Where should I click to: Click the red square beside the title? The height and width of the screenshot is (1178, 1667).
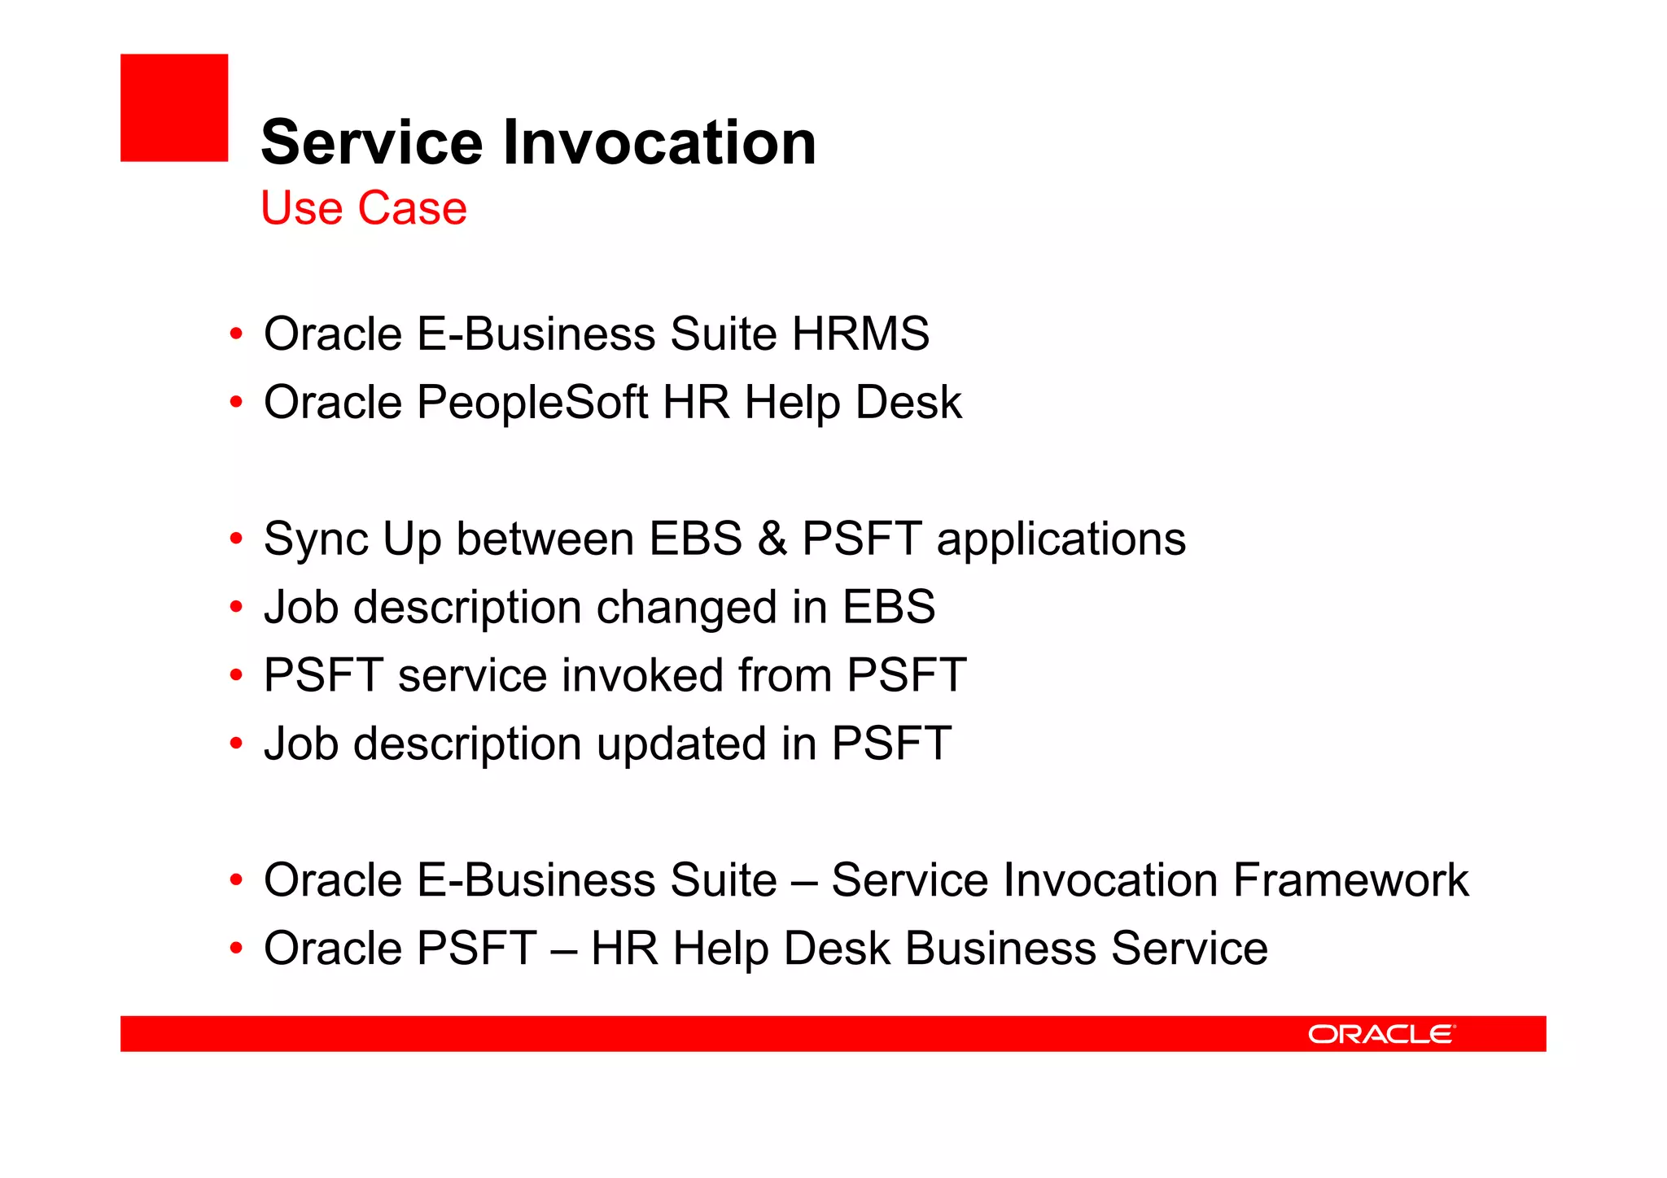coord(174,107)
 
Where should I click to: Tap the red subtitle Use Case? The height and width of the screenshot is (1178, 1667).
coord(364,208)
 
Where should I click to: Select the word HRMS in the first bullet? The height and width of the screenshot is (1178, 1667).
coord(860,334)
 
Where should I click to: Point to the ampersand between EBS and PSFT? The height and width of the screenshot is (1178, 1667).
coord(772,539)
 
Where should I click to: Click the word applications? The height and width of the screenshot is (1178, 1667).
coord(1061,541)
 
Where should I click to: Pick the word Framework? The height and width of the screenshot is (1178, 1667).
coord(1350,881)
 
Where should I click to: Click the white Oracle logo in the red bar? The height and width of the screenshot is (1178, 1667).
coord(1380,1034)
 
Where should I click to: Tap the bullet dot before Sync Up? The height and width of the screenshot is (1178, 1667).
coord(236,539)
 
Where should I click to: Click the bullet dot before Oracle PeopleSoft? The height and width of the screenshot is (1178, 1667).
coord(236,402)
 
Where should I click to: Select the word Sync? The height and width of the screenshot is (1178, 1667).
coord(316,541)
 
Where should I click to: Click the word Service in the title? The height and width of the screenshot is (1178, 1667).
coord(372,143)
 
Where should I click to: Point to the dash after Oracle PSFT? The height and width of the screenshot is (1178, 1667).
coord(563,949)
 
